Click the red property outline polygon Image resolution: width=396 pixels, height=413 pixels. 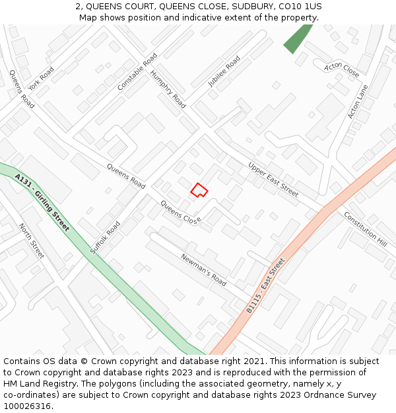click(x=199, y=190)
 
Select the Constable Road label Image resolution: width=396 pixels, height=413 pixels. click(x=137, y=71)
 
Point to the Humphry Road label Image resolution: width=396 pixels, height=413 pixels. click(x=168, y=89)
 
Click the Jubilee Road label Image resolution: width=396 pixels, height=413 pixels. click(x=224, y=71)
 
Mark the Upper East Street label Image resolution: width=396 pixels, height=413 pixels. click(x=273, y=179)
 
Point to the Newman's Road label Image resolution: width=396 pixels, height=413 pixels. click(x=203, y=269)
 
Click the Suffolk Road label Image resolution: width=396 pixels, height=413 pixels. click(x=105, y=237)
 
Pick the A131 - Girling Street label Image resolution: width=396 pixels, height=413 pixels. click(x=42, y=202)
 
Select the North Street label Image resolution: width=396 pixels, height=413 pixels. click(x=31, y=241)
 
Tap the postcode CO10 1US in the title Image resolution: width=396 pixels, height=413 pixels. click(x=300, y=7)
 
